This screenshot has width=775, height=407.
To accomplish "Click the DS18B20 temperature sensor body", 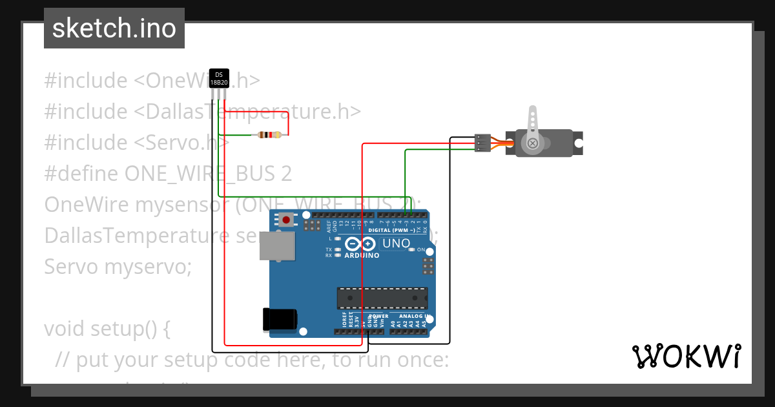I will coord(219,79).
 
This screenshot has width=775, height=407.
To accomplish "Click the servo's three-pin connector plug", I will coord(482,143).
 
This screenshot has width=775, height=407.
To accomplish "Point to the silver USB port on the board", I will coord(276,245).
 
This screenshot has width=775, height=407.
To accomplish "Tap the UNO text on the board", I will coord(397,244).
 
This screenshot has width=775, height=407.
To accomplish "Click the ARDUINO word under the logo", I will coord(362,255).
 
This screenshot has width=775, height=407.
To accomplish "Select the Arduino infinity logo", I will coord(360,244).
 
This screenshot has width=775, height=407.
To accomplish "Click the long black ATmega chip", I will coord(382,298).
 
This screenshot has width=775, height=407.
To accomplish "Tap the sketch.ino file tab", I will coord(114,28).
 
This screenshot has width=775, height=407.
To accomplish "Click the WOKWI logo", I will coord(686,356).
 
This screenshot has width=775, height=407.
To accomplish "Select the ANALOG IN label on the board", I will coord(414,316).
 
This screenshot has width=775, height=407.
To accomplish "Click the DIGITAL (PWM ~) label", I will coord(391,230).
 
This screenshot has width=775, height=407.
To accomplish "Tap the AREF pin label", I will coord(328,225).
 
